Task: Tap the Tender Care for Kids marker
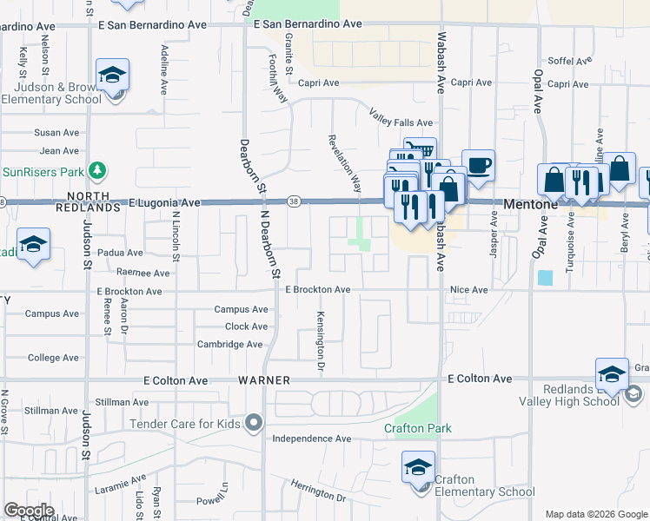[253, 423]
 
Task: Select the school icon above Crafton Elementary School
[418, 469]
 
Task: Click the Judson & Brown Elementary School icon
[112, 76]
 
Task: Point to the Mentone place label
[531, 204]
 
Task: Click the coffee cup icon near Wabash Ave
[478, 165]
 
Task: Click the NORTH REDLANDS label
[87, 202]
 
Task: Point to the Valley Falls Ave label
[400, 123]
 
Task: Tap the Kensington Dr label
[321, 343]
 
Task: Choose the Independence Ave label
[312, 439]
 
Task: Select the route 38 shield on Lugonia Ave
[294, 202]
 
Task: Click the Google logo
[29, 510]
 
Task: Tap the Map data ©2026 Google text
[596, 514]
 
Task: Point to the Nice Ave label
[469, 289]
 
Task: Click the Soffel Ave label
[569, 62]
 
